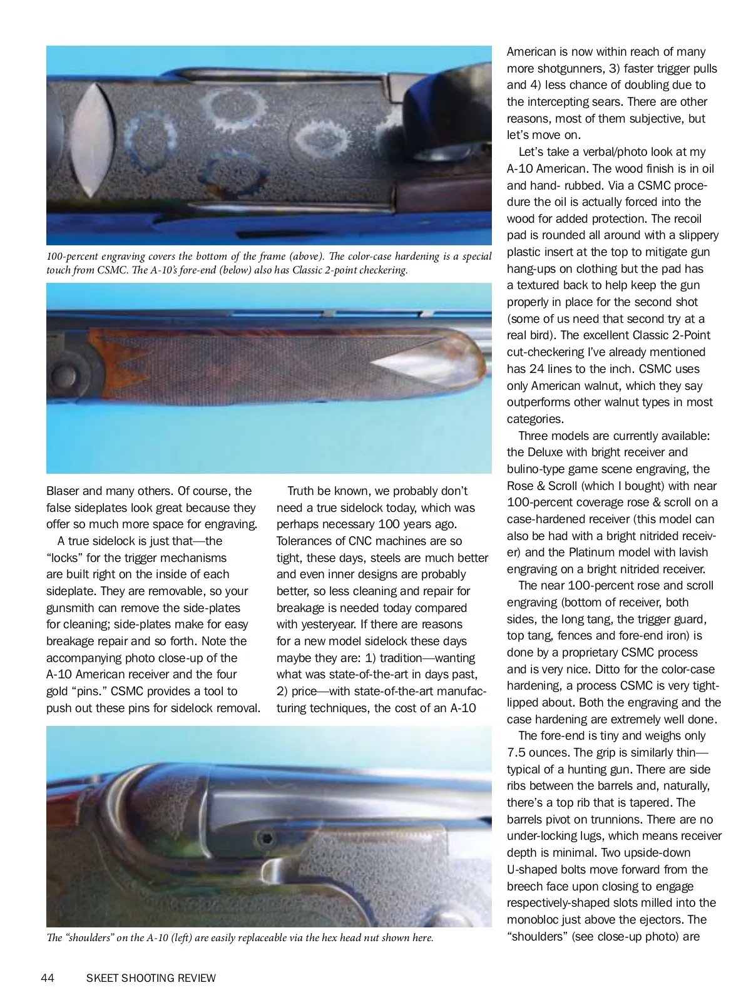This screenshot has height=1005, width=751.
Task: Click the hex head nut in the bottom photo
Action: click(266, 837)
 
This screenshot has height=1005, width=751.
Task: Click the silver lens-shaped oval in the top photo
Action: click(92, 140)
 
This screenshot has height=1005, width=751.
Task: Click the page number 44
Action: click(48, 978)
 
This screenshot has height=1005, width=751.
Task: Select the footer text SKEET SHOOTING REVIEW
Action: click(151, 978)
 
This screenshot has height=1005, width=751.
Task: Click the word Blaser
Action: click(63, 491)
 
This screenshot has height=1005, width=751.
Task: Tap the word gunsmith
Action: click(71, 608)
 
